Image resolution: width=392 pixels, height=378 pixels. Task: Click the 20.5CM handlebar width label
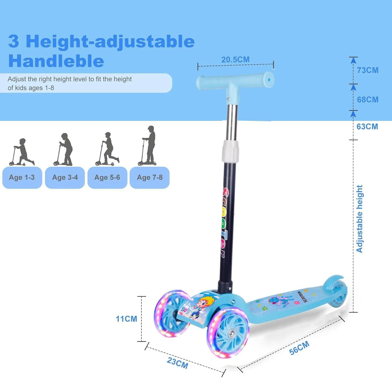click(235, 60)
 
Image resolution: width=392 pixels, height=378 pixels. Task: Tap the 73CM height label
click(368, 70)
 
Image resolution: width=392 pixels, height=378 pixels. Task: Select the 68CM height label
click(368, 100)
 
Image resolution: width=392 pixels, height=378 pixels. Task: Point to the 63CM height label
click(367, 127)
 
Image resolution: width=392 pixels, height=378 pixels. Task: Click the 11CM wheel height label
click(126, 319)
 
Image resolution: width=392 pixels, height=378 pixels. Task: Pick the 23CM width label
click(177, 363)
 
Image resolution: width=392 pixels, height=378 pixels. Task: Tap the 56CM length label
click(299, 348)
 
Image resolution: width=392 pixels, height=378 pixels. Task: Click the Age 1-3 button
click(22, 177)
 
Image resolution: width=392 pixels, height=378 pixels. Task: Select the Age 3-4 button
click(65, 177)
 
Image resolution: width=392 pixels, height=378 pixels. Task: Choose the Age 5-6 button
click(107, 177)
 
